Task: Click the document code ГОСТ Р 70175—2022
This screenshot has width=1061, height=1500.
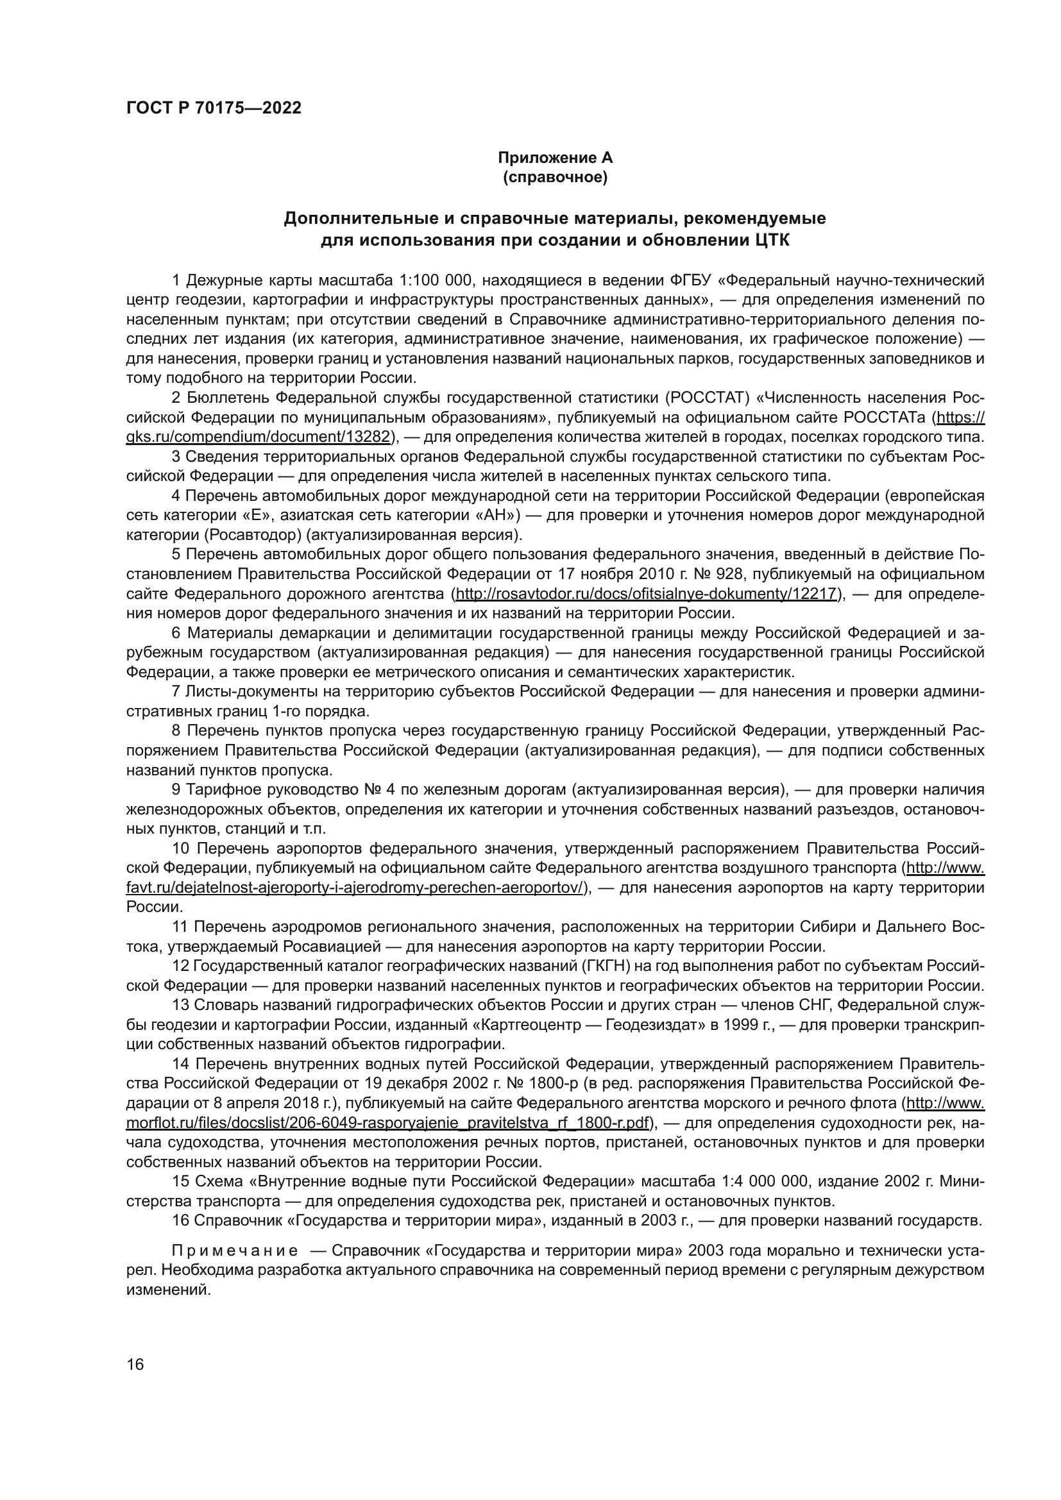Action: (214, 108)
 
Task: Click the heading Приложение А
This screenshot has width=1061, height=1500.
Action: (556, 158)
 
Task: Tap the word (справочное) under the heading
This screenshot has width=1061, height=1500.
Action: (556, 178)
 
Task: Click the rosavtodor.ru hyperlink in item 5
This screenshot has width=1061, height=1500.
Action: (646, 594)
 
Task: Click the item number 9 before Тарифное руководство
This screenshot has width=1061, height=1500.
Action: (176, 790)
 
